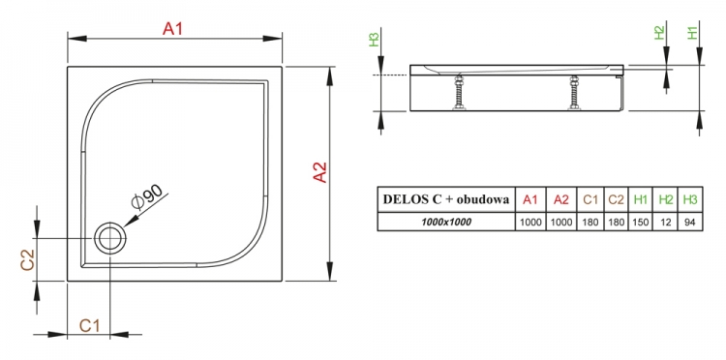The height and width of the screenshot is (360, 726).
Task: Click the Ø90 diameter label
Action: (146, 197)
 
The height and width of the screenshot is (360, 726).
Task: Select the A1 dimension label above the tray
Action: (172, 30)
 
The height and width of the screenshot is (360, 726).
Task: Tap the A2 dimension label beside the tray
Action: (320, 172)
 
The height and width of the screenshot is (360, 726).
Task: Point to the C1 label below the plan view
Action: (89, 326)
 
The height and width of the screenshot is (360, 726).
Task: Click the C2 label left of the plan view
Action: (28, 259)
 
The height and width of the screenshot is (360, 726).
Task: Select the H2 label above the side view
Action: (659, 32)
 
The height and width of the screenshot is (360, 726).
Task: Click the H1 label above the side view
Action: (692, 32)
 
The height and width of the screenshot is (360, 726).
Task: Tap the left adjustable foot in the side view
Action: (459, 93)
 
